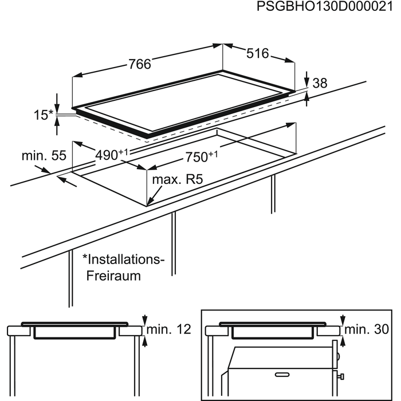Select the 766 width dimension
(x=139, y=65)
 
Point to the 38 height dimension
(x=319, y=83)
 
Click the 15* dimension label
(x=42, y=115)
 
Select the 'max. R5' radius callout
(x=178, y=180)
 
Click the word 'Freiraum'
(x=113, y=276)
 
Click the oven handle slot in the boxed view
(x=285, y=374)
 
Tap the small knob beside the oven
(x=341, y=376)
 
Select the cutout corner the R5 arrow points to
(x=147, y=204)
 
